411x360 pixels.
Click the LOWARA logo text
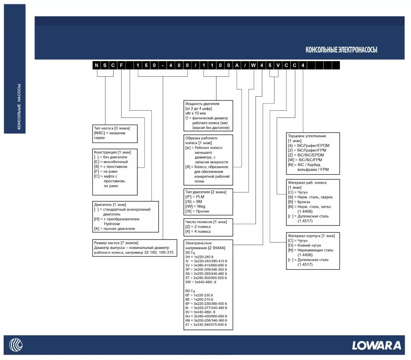(376, 345)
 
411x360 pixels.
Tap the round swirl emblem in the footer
(16, 345)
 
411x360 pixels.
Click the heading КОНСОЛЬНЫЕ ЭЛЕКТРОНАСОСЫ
(341, 50)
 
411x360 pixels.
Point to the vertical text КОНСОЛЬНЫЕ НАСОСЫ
(19, 106)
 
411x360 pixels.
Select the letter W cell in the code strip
(253, 65)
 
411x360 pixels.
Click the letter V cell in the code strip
(278, 65)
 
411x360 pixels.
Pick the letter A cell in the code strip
(237, 65)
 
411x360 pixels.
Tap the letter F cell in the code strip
(121, 65)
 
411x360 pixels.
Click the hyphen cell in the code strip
(163, 65)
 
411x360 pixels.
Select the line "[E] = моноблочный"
(111, 162)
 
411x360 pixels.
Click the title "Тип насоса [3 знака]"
(112, 128)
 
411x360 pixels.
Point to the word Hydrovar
(112, 224)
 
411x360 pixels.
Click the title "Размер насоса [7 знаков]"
(116, 243)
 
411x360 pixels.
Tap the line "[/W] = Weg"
(195, 207)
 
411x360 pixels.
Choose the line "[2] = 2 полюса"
(198, 227)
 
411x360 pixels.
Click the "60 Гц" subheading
(190, 291)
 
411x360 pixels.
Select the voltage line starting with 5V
(206, 265)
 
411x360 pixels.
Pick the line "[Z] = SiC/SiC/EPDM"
(306, 155)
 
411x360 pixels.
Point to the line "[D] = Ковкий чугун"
(304, 246)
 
